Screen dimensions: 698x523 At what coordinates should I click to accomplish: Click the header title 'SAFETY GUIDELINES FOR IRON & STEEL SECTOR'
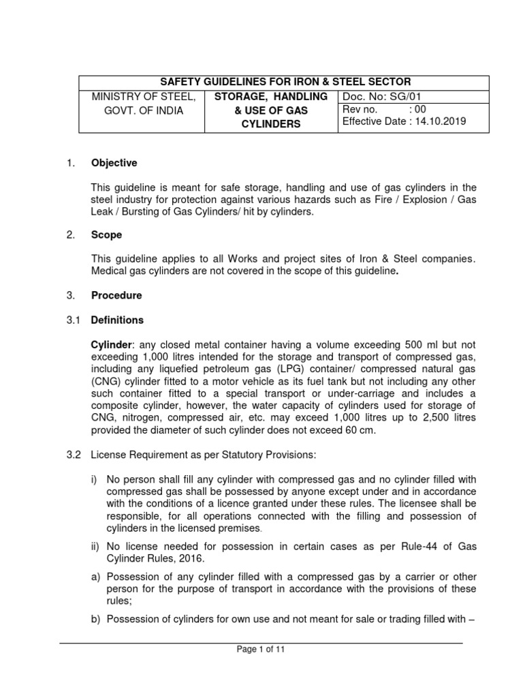tap(275, 82)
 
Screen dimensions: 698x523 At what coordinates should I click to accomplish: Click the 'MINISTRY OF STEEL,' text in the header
tap(144, 97)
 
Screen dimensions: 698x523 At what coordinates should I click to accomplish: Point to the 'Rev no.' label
tap(360, 110)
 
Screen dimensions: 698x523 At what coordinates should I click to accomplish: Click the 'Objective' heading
tap(114, 163)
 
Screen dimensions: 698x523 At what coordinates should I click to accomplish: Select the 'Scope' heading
tap(107, 234)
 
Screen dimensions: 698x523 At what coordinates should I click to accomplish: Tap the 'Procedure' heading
tap(116, 295)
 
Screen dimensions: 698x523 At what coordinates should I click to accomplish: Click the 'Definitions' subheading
tap(117, 320)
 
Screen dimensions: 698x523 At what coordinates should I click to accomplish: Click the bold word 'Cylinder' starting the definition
tap(112, 344)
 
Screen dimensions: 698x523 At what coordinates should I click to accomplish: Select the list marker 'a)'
tap(96, 577)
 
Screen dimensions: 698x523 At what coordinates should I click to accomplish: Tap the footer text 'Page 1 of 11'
tap(261, 650)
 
